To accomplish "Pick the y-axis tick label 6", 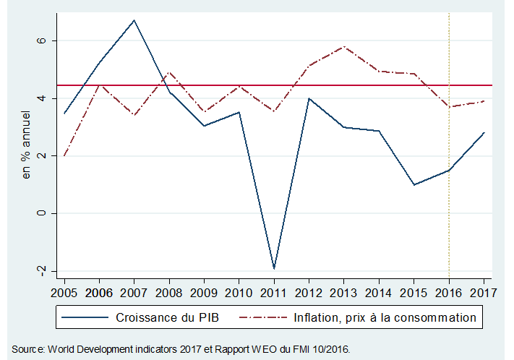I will tap(42, 40).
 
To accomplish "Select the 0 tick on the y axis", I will tap(42, 213).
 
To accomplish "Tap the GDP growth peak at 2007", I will tap(134, 20).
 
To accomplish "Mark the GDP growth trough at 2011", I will tap(274, 268).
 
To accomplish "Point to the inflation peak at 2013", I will tap(344, 47).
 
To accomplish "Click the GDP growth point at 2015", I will tap(414, 184).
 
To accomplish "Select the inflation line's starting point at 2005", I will tap(64, 155).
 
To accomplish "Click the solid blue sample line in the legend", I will tap(85, 317).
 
